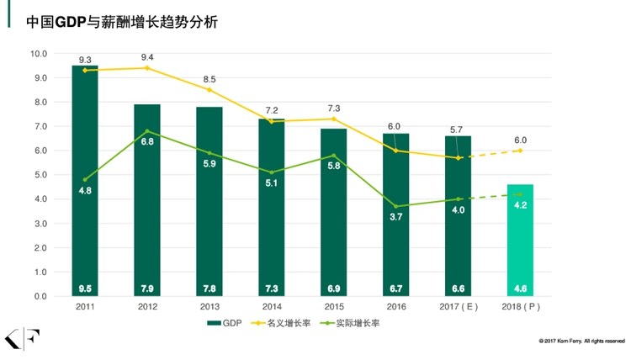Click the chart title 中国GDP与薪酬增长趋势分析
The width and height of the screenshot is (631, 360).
coord(122,23)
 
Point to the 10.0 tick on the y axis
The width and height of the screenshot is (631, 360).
coord(38,54)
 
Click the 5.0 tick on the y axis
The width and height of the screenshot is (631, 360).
coord(40,175)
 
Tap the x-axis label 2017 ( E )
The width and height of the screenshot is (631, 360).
coord(458,308)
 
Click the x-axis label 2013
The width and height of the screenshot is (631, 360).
coord(209,308)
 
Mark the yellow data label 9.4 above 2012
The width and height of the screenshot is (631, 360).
coord(147,57)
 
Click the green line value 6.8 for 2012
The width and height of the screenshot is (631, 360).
coord(147,142)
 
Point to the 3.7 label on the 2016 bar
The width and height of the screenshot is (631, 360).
coord(396,217)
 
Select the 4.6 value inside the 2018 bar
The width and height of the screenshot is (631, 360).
coord(521,289)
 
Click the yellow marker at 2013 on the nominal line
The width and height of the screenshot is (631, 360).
coord(209,90)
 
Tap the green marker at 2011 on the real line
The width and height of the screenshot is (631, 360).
coord(85,180)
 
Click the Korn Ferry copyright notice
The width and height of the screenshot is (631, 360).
coord(581,341)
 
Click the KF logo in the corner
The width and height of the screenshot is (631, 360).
coord(18,338)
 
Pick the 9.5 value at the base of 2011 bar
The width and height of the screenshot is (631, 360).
coord(85,289)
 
